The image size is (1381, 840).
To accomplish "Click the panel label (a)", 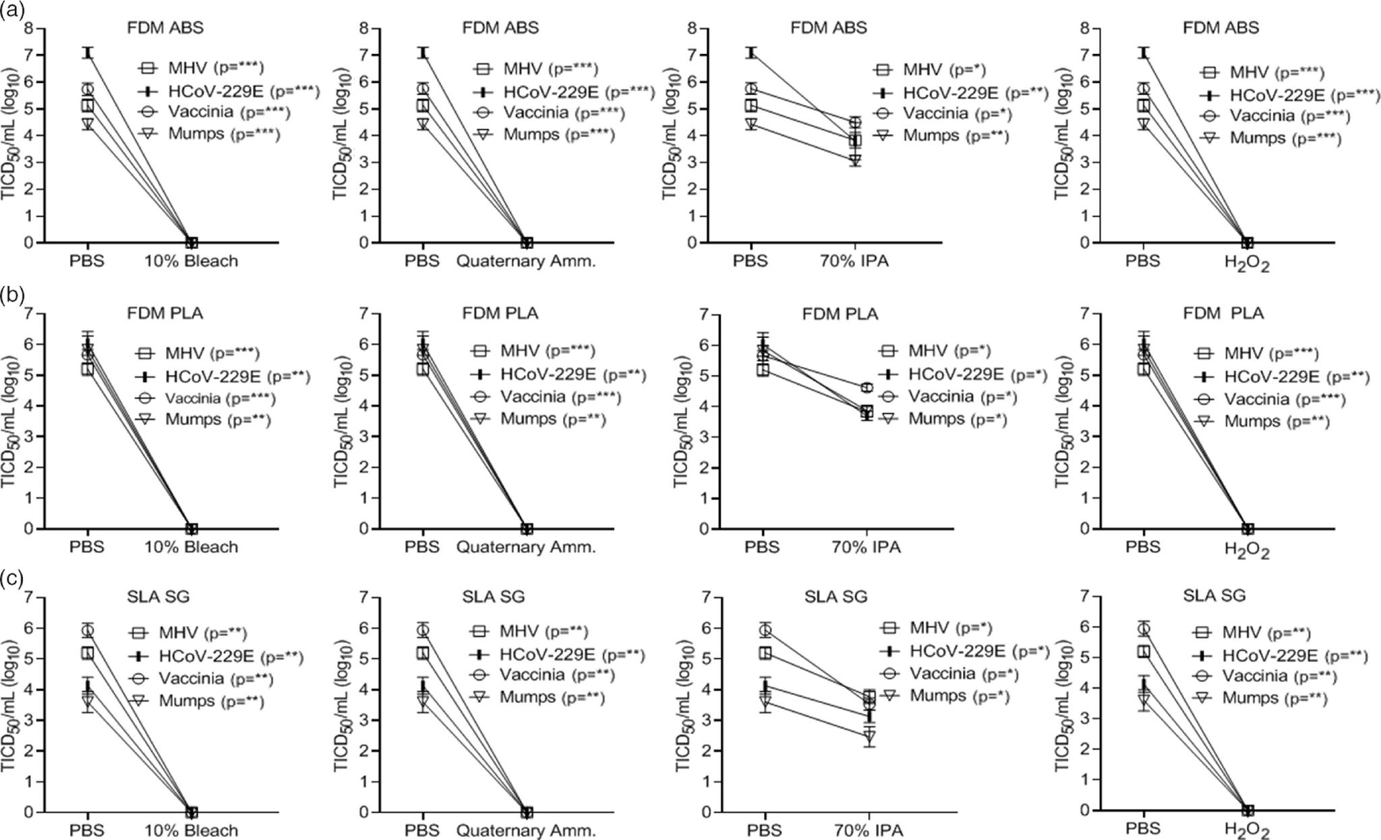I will point(12,9).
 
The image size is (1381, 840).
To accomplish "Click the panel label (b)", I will point(12,294).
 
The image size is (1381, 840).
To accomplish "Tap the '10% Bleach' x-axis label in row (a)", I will point(192,261).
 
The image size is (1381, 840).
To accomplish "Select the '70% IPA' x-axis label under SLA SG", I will point(869,831).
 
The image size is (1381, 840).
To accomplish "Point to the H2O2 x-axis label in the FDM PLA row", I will point(1246,549).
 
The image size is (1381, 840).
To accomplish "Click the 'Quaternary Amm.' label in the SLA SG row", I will point(526,831).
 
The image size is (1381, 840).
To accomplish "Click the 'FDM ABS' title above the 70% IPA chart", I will point(828,28).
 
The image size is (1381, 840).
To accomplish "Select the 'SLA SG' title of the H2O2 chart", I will point(1214,596).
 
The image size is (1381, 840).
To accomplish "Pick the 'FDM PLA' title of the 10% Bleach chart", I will point(165,314).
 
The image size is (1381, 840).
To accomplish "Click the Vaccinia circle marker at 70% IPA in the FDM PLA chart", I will point(866,387).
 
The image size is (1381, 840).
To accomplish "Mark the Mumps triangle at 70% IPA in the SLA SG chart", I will point(869,735).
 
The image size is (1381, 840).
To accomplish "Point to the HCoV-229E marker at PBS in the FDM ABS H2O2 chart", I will point(1143,53).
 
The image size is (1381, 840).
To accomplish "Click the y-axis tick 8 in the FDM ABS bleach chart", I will point(28,28).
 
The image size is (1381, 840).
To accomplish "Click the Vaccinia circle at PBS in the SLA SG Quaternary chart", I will point(423,630).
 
